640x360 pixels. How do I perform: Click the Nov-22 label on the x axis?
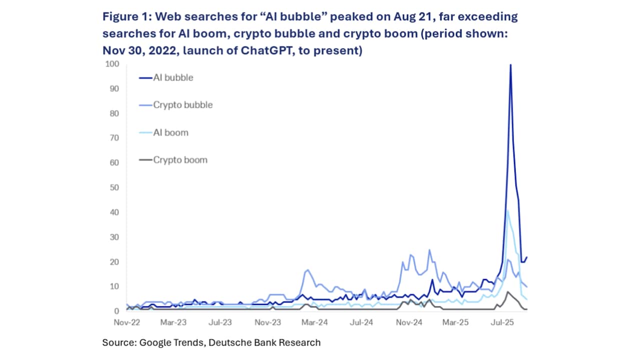126,322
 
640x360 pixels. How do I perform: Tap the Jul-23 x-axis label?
220,322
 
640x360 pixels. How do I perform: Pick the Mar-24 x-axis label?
315,322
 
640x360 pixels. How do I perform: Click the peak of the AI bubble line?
510,64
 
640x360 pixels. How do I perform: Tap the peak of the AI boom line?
507,209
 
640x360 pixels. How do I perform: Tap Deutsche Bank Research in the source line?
264,342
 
